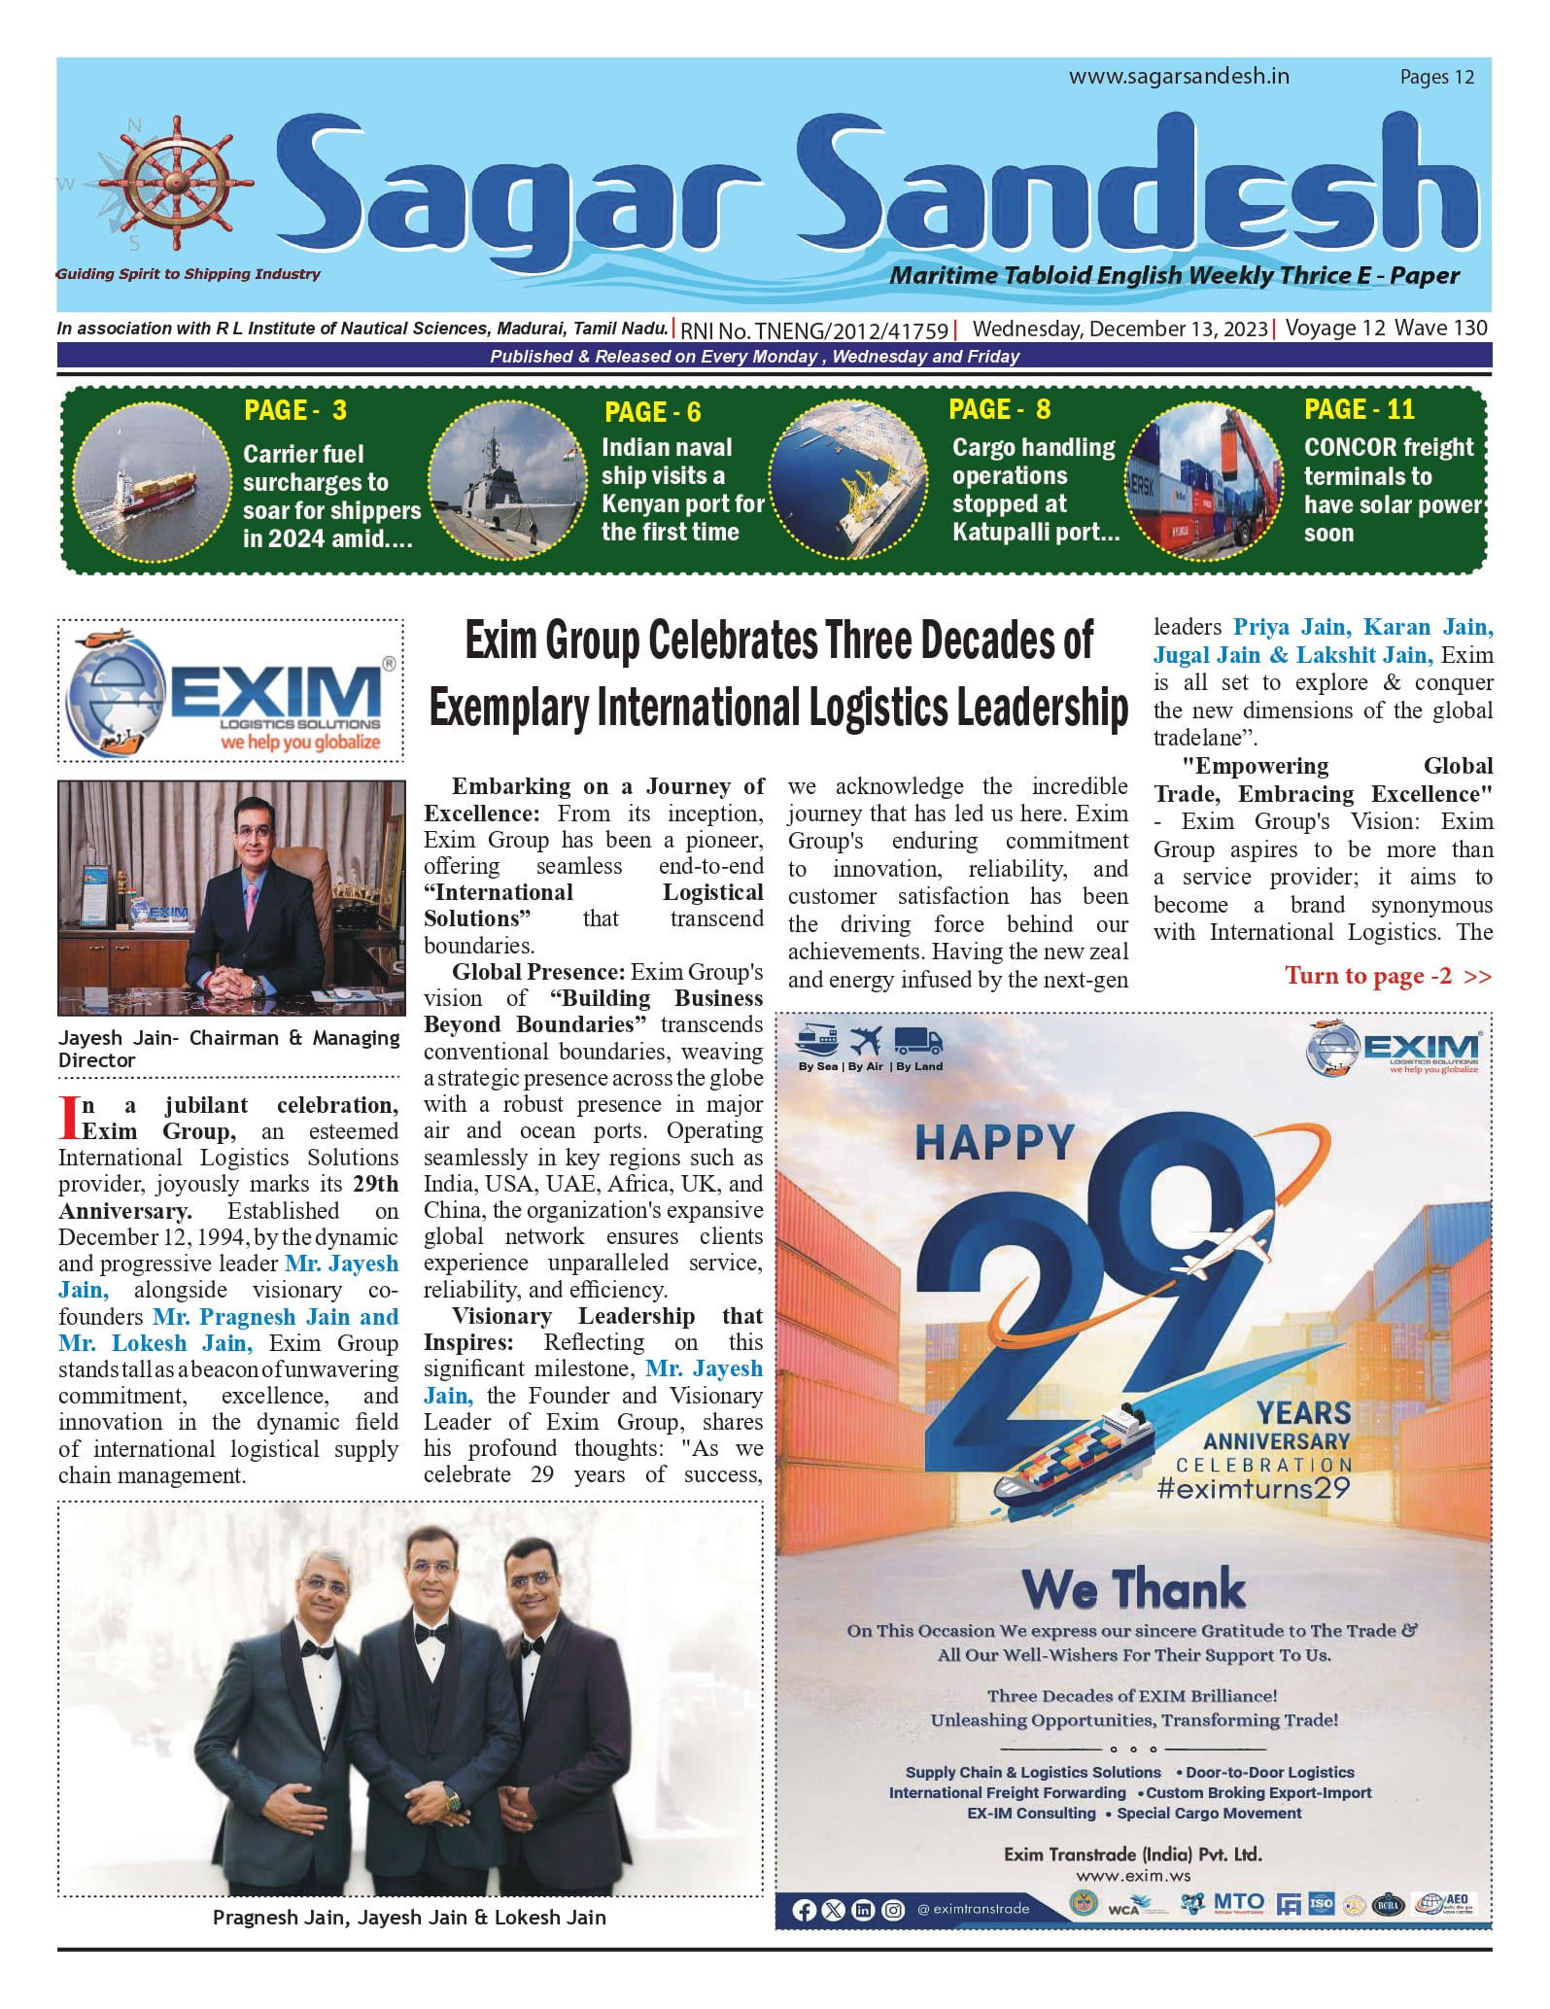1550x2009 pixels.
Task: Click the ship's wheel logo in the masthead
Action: [x=175, y=184]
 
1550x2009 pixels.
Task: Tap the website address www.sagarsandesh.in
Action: [x=1179, y=77]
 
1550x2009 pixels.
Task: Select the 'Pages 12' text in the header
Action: [x=1436, y=78]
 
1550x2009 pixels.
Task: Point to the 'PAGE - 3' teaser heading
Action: [x=295, y=410]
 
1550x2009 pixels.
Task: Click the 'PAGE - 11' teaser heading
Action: [x=1359, y=409]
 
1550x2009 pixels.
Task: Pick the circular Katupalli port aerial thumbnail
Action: [x=848, y=479]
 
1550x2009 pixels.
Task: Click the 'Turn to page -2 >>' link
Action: [x=1387, y=976]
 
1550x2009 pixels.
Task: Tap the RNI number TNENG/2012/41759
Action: [x=814, y=329]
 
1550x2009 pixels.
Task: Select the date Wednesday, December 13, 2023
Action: [x=1119, y=329]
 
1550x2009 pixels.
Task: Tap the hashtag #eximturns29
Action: [x=1253, y=1488]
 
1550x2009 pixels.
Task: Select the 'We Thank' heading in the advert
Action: [x=1132, y=1590]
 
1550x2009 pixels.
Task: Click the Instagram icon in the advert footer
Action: [x=893, y=1910]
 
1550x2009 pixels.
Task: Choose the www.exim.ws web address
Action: [x=1132, y=1876]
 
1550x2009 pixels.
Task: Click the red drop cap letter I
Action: [x=68, y=1118]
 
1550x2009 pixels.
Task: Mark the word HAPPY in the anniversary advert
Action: [x=993, y=1143]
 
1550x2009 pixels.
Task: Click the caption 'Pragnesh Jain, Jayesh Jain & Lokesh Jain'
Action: [x=409, y=1918]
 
